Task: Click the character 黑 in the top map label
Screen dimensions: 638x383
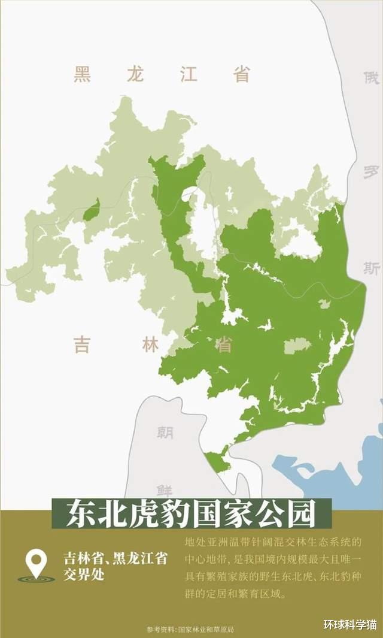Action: [82, 75]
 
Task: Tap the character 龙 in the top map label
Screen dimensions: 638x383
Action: [136, 75]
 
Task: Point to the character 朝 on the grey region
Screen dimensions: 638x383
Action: [165, 433]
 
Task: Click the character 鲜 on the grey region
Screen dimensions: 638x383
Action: [165, 489]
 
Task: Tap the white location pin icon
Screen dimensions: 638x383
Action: [37, 563]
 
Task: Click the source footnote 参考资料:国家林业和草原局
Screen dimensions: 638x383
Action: [190, 630]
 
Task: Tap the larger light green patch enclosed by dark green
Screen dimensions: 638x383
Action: [297, 345]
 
